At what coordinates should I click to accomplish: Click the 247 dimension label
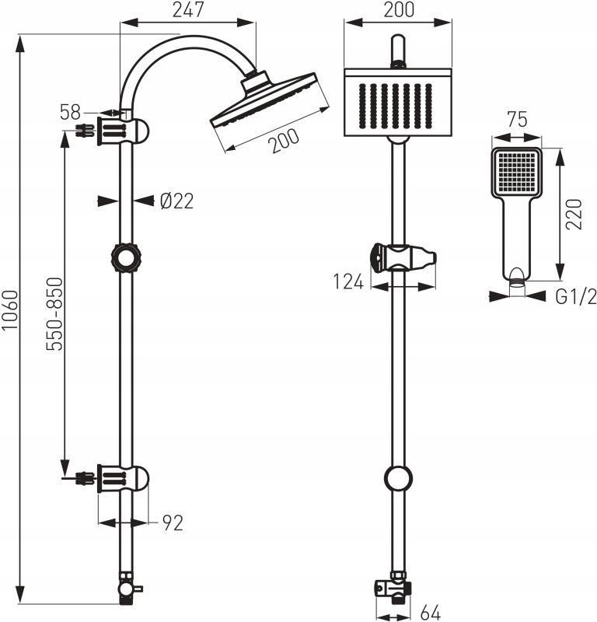(x=188, y=9)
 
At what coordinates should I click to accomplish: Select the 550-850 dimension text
(x=54, y=314)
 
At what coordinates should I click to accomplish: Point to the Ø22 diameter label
(x=177, y=201)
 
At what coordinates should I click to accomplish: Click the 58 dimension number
(x=70, y=112)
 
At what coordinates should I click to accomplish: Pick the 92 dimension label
(x=173, y=523)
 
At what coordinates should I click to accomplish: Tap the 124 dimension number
(x=348, y=282)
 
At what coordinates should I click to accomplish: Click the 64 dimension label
(x=431, y=613)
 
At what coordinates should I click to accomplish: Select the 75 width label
(x=517, y=120)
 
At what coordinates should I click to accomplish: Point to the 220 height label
(x=574, y=215)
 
